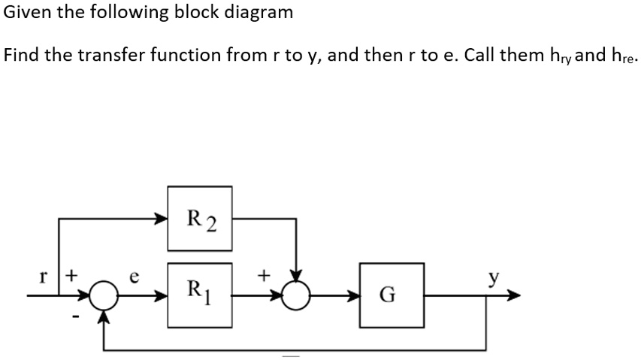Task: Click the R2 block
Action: (200, 221)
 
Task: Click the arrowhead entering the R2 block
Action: (161, 219)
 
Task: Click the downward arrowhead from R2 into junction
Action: (298, 275)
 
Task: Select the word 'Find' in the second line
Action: (20, 56)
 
